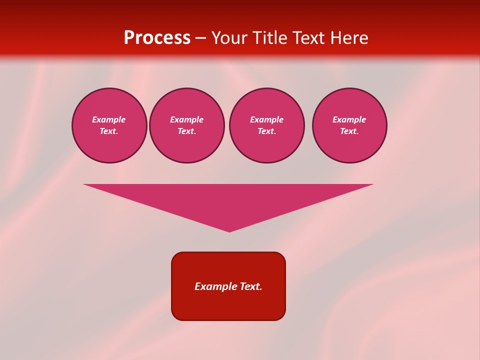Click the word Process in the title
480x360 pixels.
(157, 38)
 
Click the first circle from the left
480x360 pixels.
(109, 125)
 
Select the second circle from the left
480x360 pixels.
(187, 125)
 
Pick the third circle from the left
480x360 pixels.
(267, 125)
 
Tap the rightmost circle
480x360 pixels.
(349, 125)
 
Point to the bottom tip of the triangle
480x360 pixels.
(229, 230)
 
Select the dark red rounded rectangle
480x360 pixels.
(228, 286)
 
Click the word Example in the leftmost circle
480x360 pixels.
(109, 119)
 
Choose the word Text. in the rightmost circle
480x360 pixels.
(349, 131)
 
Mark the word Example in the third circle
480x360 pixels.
(267, 119)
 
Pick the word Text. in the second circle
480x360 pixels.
(187, 131)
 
